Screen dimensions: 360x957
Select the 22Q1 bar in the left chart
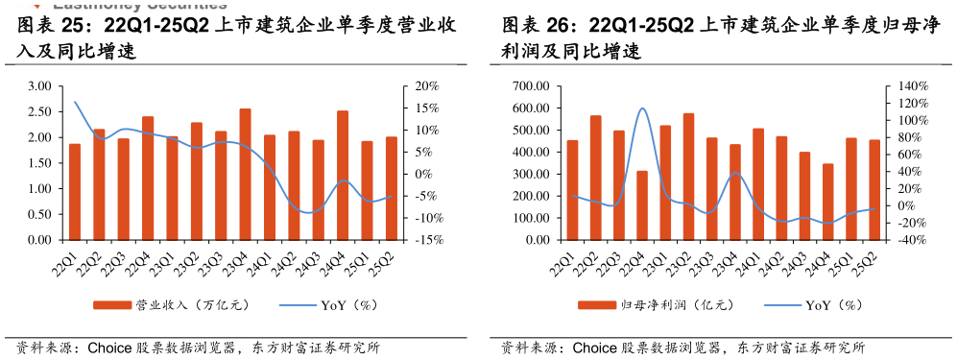[75, 192]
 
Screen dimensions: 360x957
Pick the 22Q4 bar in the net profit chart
[642, 205]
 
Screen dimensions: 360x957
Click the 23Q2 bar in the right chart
[688, 177]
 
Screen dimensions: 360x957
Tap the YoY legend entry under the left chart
[326, 305]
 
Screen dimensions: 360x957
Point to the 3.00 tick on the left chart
[39, 86]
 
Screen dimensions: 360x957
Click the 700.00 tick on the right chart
[529, 86]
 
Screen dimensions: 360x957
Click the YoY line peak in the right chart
[642, 108]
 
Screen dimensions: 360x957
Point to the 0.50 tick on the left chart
[39, 214]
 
